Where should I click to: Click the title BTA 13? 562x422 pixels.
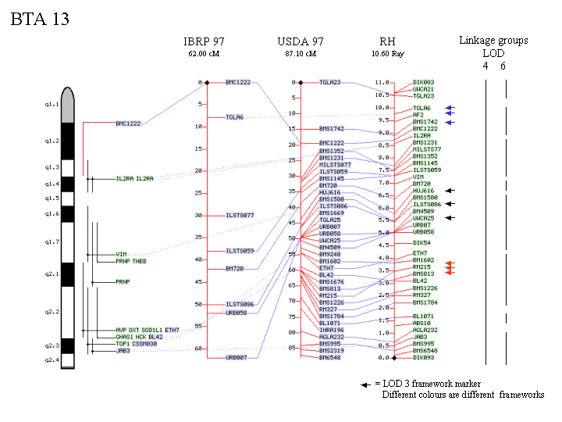[40, 20]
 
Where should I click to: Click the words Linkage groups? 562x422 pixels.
[493, 41]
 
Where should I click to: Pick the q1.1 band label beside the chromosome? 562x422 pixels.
[52, 103]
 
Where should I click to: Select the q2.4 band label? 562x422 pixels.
[52, 359]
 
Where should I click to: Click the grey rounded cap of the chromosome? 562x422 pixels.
[69, 105]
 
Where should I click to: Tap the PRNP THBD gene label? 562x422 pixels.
[131, 261]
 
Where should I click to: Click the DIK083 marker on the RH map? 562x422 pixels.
[424, 82]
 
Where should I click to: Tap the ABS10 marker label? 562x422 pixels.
[421, 323]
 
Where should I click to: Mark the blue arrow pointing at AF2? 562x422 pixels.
[450, 115]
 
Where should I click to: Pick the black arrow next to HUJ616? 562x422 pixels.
[450, 191]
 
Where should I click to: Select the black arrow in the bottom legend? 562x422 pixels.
[365, 384]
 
